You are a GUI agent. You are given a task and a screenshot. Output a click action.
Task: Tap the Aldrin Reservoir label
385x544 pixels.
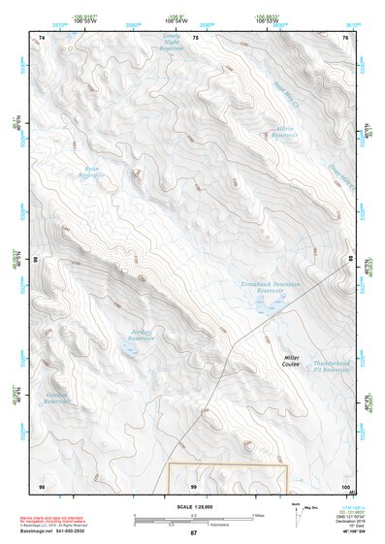coord(284,132)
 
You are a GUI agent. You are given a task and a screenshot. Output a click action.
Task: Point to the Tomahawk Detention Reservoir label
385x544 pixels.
coord(271,288)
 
